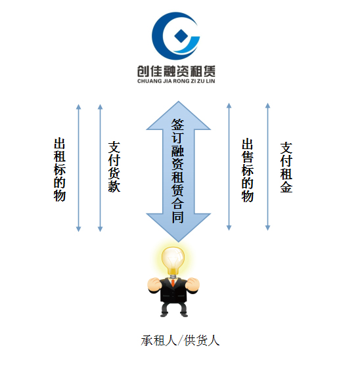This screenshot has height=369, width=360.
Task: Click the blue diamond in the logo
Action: point(181,36)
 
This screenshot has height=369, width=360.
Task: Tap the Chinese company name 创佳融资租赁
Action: point(176,71)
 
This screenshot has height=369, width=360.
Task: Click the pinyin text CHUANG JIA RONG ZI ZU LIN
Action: point(176,81)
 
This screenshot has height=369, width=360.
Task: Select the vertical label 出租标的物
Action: point(59,169)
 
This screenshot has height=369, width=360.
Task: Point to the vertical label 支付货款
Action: point(114,167)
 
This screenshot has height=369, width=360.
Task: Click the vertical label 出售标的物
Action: point(248,170)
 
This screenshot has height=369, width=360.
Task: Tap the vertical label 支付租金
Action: point(286,167)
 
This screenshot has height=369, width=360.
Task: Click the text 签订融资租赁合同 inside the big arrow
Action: point(177,171)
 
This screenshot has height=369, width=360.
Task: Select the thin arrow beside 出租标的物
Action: point(79,168)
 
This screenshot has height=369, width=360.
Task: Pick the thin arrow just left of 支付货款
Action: point(100,168)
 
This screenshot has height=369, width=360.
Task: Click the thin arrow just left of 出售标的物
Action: point(229,167)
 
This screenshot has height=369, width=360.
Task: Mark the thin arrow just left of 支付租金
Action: point(267,167)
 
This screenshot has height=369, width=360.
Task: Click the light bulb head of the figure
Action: point(173,260)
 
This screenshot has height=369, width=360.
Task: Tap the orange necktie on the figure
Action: point(173,282)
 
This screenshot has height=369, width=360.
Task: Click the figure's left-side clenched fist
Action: point(154,284)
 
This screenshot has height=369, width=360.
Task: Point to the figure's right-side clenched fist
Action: point(192,284)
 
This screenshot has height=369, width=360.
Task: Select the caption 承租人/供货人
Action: point(180,341)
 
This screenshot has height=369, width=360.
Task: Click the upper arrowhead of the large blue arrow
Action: point(178,116)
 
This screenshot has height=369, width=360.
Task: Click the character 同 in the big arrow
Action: point(177,217)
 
